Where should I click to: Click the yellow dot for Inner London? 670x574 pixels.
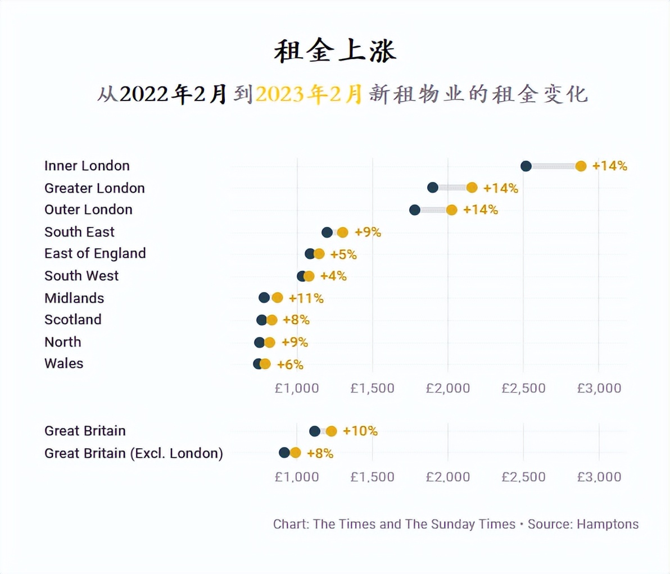click(x=581, y=166)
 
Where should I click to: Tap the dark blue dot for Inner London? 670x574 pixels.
click(x=526, y=166)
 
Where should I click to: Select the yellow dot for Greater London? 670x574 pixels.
click(x=472, y=188)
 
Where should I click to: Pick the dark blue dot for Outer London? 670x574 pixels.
click(x=415, y=210)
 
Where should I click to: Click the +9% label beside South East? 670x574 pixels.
click(x=368, y=232)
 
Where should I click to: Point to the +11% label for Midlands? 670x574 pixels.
click(x=306, y=298)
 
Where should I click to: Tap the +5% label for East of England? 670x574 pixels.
click(x=343, y=254)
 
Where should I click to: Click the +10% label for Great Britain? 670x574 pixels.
click(x=360, y=431)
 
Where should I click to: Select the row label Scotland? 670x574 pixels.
click(x=73, y=320)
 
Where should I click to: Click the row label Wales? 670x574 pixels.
click(x=64, y=363)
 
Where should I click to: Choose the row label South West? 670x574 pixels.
click(x=82, y=276)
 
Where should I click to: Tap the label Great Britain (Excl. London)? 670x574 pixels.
click(x=134, y=453)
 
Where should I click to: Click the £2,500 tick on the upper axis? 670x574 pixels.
click(x=523, y=388)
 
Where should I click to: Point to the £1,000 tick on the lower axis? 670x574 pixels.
click(x=297, y=477)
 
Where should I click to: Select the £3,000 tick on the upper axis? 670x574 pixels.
click(x=599, y=388)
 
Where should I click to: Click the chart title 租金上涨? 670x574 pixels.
click(x=335, y=51)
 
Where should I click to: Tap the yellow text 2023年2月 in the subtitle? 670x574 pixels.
click(x=309, y=94)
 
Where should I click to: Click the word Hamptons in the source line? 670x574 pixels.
click(x=608, y=524)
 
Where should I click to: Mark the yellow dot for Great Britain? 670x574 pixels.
click(x=331, y=431)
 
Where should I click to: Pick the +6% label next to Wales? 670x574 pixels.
click(x=290, y=365)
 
